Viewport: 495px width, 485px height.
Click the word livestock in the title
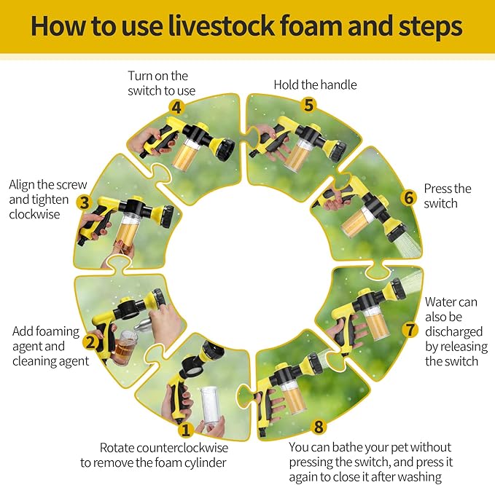[221, 25]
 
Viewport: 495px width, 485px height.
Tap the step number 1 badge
[185, 430]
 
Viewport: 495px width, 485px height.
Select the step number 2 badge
[90, 342]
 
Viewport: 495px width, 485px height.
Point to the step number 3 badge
[85, 202]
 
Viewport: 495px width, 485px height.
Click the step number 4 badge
[176, 108]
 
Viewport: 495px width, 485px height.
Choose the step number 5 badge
[309, 105]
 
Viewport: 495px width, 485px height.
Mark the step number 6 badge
[409, 198]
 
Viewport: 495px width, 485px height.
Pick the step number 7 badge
[410, 330]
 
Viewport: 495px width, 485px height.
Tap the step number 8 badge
[319, 427]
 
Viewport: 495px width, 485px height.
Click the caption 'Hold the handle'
[315, 84]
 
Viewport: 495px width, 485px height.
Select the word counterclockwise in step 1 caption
[182, 448]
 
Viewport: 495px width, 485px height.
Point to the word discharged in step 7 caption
[453, 332]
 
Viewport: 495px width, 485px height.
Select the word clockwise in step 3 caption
[34, 214]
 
